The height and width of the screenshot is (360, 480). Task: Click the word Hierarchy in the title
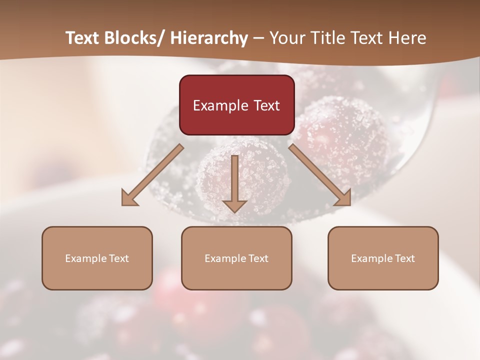point(209,38)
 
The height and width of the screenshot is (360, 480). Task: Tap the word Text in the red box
point(265,105)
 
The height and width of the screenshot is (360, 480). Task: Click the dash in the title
point(258,38)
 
